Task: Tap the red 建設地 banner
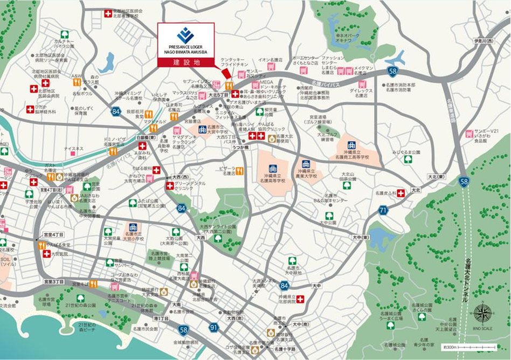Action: click(185, 62)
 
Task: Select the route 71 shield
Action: click(383, 210)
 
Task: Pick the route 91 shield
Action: click(214, 327)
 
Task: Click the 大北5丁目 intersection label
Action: click(219, 93)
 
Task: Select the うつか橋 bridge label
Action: click(240, 147)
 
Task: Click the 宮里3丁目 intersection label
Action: click(54, 281)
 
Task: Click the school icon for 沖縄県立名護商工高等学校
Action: click(351, 145)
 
